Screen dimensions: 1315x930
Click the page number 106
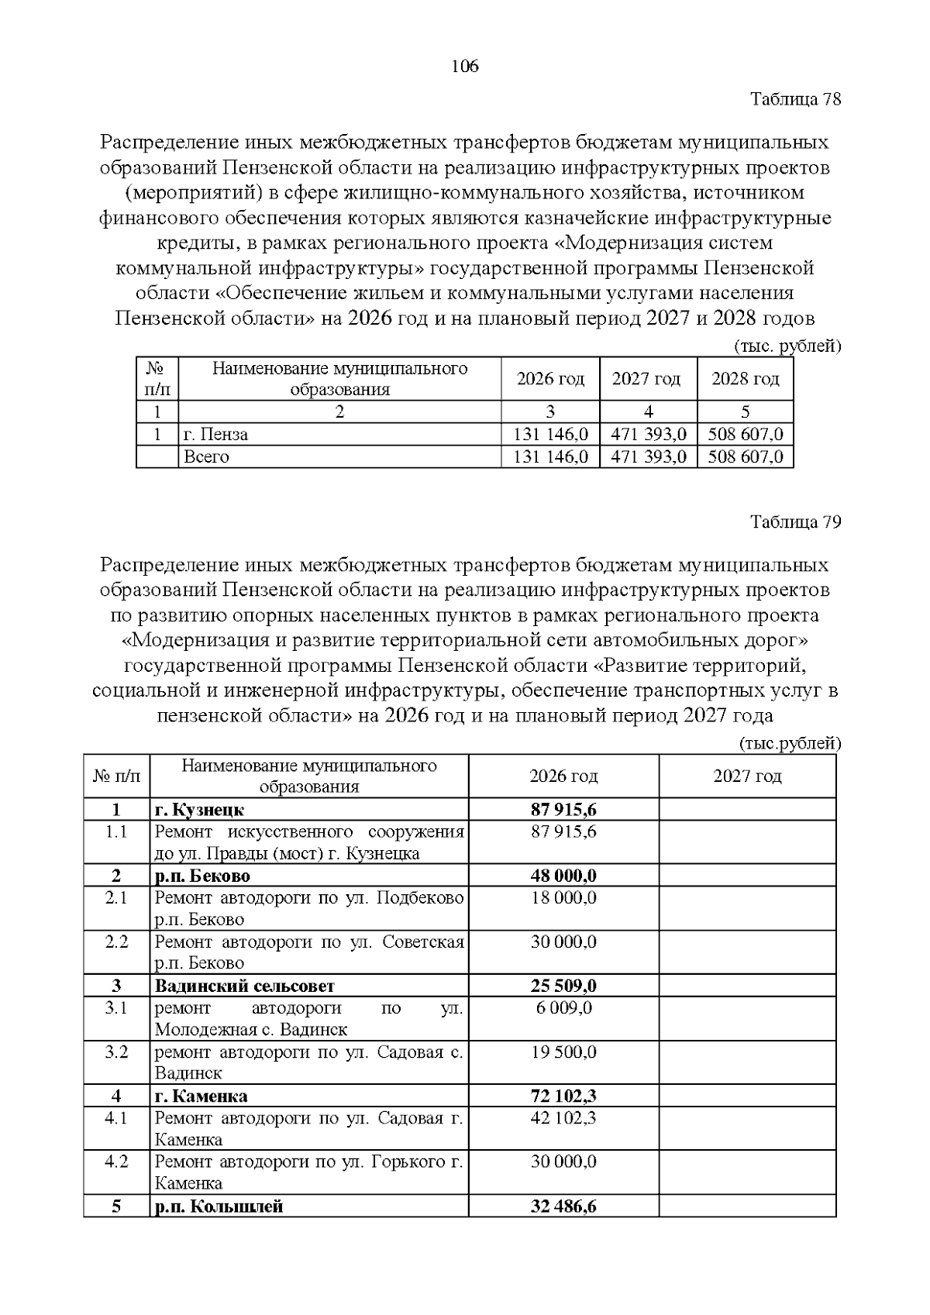pyautogui.click(x=465, y=67)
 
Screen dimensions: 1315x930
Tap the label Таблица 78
pyautogui.click(x=796, y=99)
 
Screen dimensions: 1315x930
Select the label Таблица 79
pyautogui.click(x=796, y=522)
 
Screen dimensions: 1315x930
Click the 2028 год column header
pyautogui.click(x=745, y=379)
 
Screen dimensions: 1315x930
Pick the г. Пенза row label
pyautogui.click(x=215, y=434)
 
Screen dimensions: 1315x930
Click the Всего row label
pyautogui.click(x=206, y=456)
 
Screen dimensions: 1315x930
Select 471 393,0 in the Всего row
pyautogui.click(x=649, y=456)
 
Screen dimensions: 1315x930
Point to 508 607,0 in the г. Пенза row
pyautogui.click(x=746, y=434)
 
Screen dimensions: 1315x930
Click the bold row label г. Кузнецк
pyautogui.click(x=199, y=810)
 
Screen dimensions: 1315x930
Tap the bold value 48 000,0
pyautogui.click(x=563, y=876)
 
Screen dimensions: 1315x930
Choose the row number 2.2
pyautogui.click(x=116, y=941)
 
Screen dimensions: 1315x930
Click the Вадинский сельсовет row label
pyautogui.click(x=245, y=986)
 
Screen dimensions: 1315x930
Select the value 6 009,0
pyautogui.click(x=563, y=1007)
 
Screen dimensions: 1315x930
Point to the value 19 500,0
pyautogui.click(x=563, y=1052)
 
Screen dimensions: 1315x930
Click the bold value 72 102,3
pyautogui.click(x=563, y=1096)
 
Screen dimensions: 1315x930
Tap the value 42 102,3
pyautogui.click(x=563, y=1117)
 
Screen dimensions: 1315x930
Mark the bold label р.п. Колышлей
pyautogui.click(x=219, y=1206)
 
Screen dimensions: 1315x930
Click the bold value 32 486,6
pyautogui.click(x=563, y=1206)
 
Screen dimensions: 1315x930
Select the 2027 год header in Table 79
pyautogui.click(x=747, y=776)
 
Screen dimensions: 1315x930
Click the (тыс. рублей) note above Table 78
pyautogui.click(x=787, y=346)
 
